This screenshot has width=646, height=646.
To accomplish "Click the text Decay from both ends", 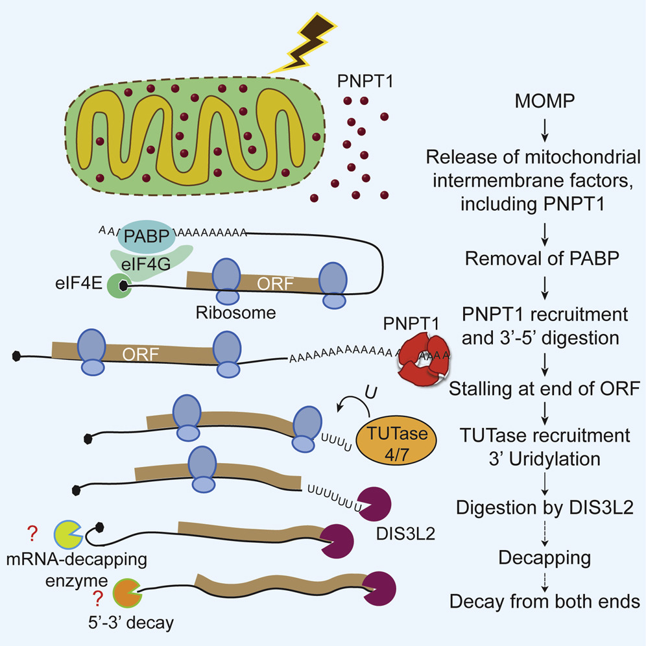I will [x=544, y=602].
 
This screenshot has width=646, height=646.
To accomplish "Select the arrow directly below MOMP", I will [x=545, y=130].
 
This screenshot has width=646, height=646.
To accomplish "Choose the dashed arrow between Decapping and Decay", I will [x=545, y=579].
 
